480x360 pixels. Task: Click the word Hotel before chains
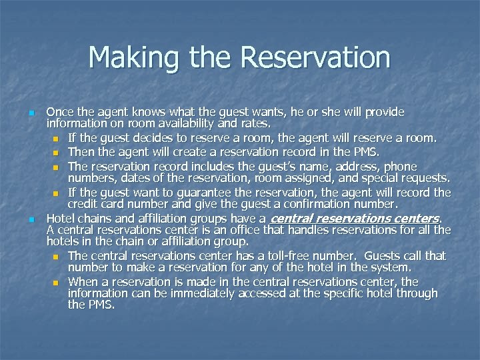tap(61, 218)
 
